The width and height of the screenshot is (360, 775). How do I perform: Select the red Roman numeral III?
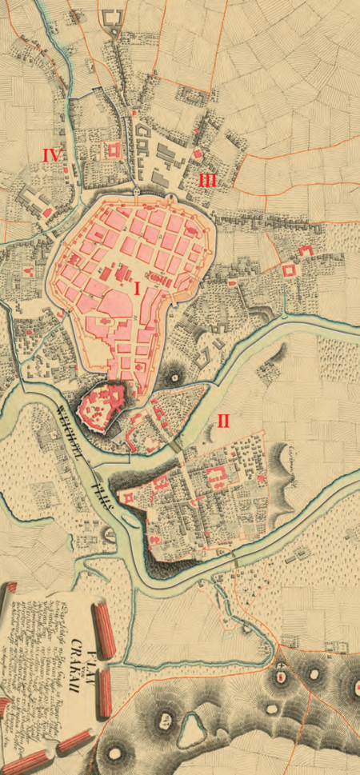(x=207, y=181)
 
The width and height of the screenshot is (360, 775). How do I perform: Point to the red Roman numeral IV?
(x=53, y=154)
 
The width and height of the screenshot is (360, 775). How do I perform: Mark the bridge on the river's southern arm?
(x=234, y=558)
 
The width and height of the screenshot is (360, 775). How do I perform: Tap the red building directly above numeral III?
(x=198, y=153)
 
